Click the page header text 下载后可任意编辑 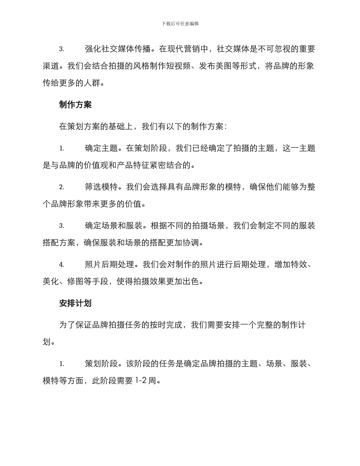pyautogui.click(x=180, y=23)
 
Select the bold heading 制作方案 pyautogui.click(x=75, y=105)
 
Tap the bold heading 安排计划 pyautogui.click(x=75, y=303)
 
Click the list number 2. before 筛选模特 pyautogui.click(x=61, y=187)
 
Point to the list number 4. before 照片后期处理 pyautogui.click(x=61, y=264)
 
